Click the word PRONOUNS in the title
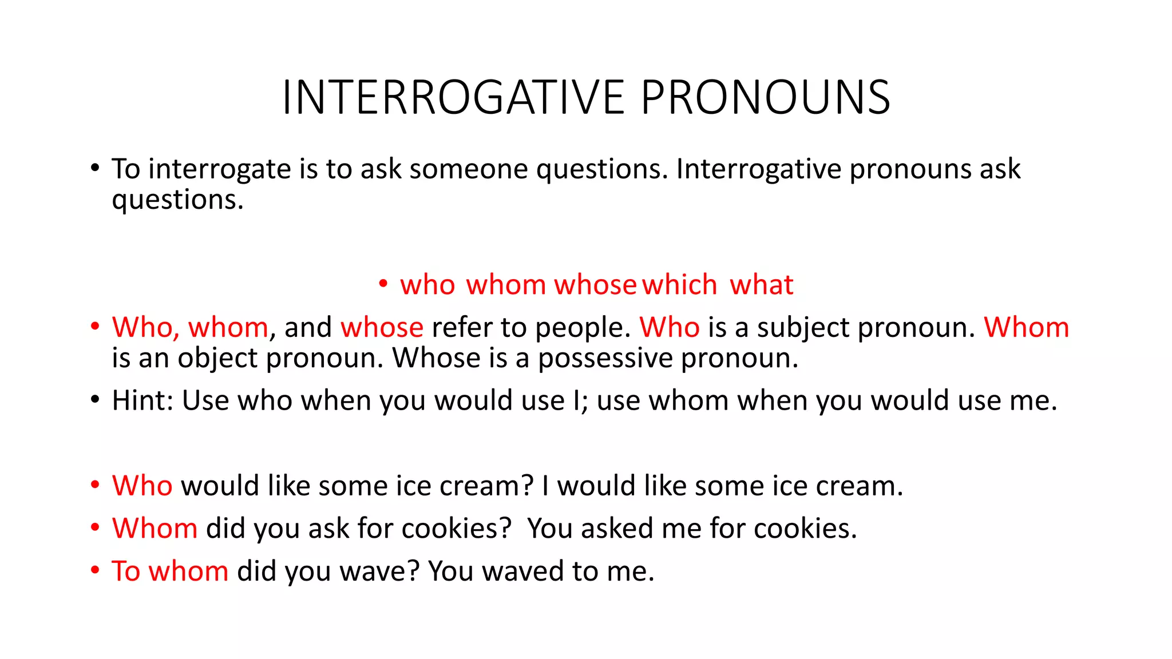click(765, 97)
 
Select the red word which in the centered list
click(679, 284)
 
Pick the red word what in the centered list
click(761, 284)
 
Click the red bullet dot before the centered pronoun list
click(383, 283)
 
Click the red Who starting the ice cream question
click(142, 486)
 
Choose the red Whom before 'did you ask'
click(155, 528)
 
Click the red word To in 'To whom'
click(126, 571)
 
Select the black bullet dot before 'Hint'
click(95, 399)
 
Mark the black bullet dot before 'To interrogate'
click(95, 168)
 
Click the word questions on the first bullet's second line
click(177, 200)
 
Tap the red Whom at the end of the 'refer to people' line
click(1026, 327)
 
